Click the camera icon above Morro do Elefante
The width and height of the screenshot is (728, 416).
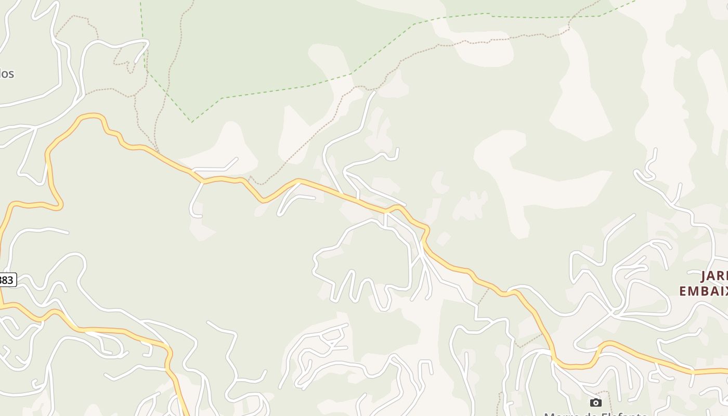tap(596, 402)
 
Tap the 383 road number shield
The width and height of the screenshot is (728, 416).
tap(7, 280)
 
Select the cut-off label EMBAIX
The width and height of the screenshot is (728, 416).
tap(703, 291)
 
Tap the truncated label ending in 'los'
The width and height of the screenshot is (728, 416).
tap(7, 74)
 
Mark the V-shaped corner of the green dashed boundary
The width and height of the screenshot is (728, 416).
tap(192, 122)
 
